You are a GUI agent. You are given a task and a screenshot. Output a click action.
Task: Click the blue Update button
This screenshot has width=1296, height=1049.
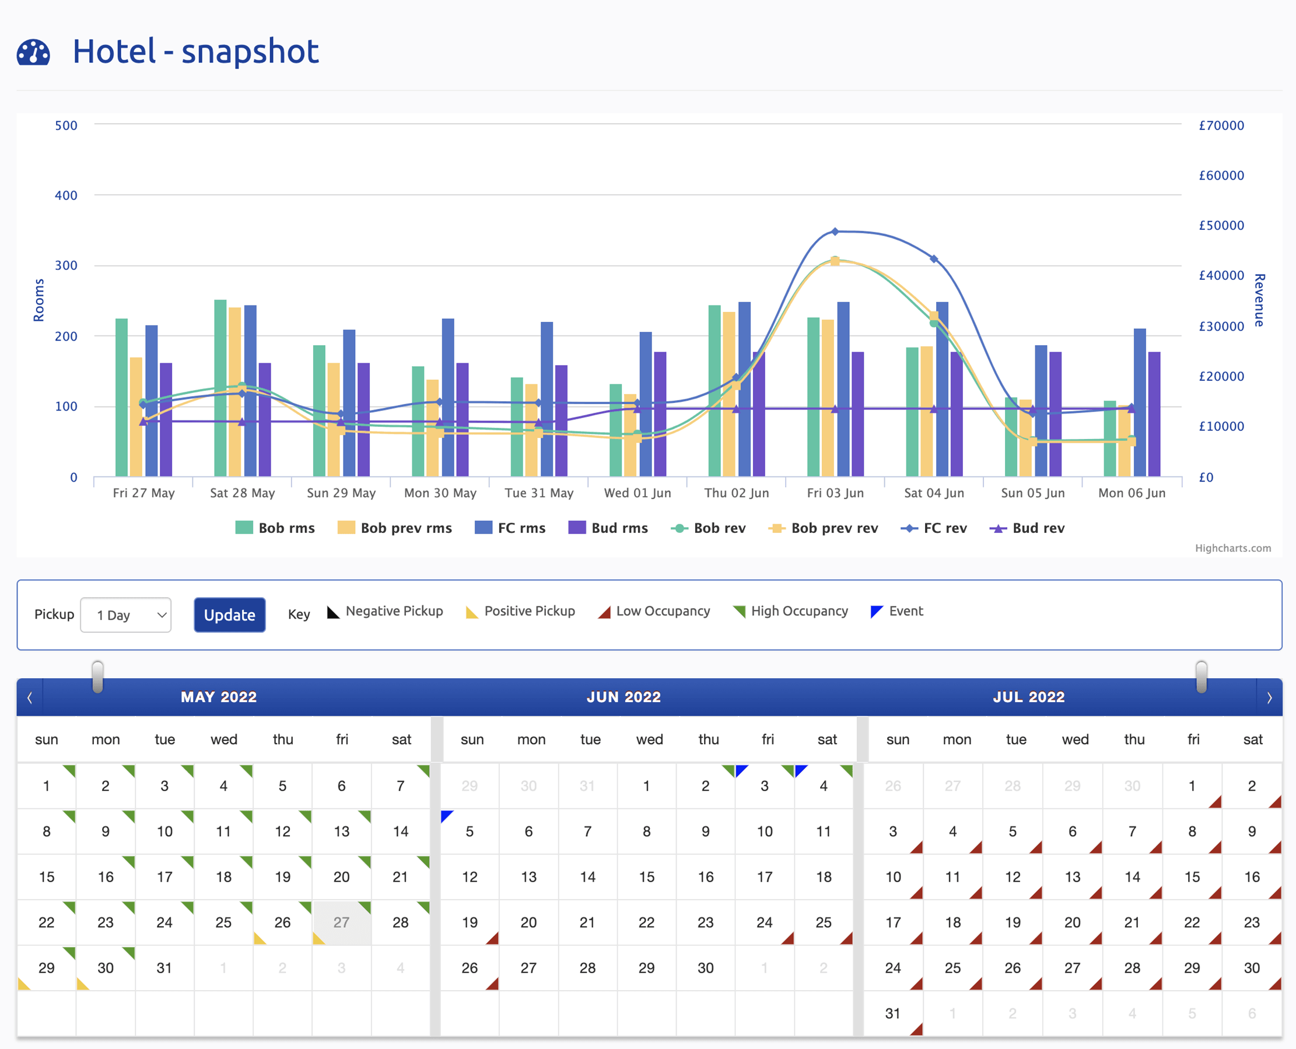coord(230,615)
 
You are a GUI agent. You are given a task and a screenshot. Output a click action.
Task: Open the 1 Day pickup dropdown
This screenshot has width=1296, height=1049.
coord(126,615)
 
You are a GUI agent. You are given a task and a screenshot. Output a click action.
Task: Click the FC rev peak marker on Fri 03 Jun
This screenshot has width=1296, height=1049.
coord(835,231)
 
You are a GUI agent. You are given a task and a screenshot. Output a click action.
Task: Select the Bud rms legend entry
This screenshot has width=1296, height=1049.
coord(608,528)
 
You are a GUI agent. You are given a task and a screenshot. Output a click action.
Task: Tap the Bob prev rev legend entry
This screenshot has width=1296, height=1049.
coord(823,528)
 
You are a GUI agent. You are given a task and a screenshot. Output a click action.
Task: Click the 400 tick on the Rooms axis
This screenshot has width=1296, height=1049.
coord(66,195)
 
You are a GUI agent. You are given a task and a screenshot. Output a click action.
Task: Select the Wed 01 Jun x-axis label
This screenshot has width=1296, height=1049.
coord(638,493)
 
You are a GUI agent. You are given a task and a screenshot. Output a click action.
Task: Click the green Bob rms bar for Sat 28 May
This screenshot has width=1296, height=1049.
coord(220,388)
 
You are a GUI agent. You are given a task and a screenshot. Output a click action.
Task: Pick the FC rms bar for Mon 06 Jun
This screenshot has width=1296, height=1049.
coord(1140,402)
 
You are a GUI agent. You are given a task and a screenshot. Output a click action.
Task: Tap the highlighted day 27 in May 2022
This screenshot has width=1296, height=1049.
coord(342,922)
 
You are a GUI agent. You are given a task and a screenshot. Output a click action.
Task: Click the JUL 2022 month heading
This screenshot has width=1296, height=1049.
coord(1029,697)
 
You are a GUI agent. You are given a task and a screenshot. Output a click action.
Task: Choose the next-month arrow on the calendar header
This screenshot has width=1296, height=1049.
coord(1269,698)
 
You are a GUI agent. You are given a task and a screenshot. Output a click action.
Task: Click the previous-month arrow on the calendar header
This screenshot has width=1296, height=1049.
coord(30,698)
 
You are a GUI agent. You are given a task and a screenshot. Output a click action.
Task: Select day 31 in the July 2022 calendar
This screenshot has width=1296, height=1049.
coord(893,1013)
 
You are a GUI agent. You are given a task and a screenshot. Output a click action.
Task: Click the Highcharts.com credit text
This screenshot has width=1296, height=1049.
coord(1232,548)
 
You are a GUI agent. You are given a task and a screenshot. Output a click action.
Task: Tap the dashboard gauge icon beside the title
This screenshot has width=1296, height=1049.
coord(33,52)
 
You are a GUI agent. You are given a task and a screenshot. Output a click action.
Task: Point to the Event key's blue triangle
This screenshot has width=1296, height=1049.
coord(877,612)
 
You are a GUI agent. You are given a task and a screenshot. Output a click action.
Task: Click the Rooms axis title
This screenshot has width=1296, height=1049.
coord(38,300)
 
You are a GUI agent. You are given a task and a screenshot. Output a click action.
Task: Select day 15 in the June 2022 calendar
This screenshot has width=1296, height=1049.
coord(647,877)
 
